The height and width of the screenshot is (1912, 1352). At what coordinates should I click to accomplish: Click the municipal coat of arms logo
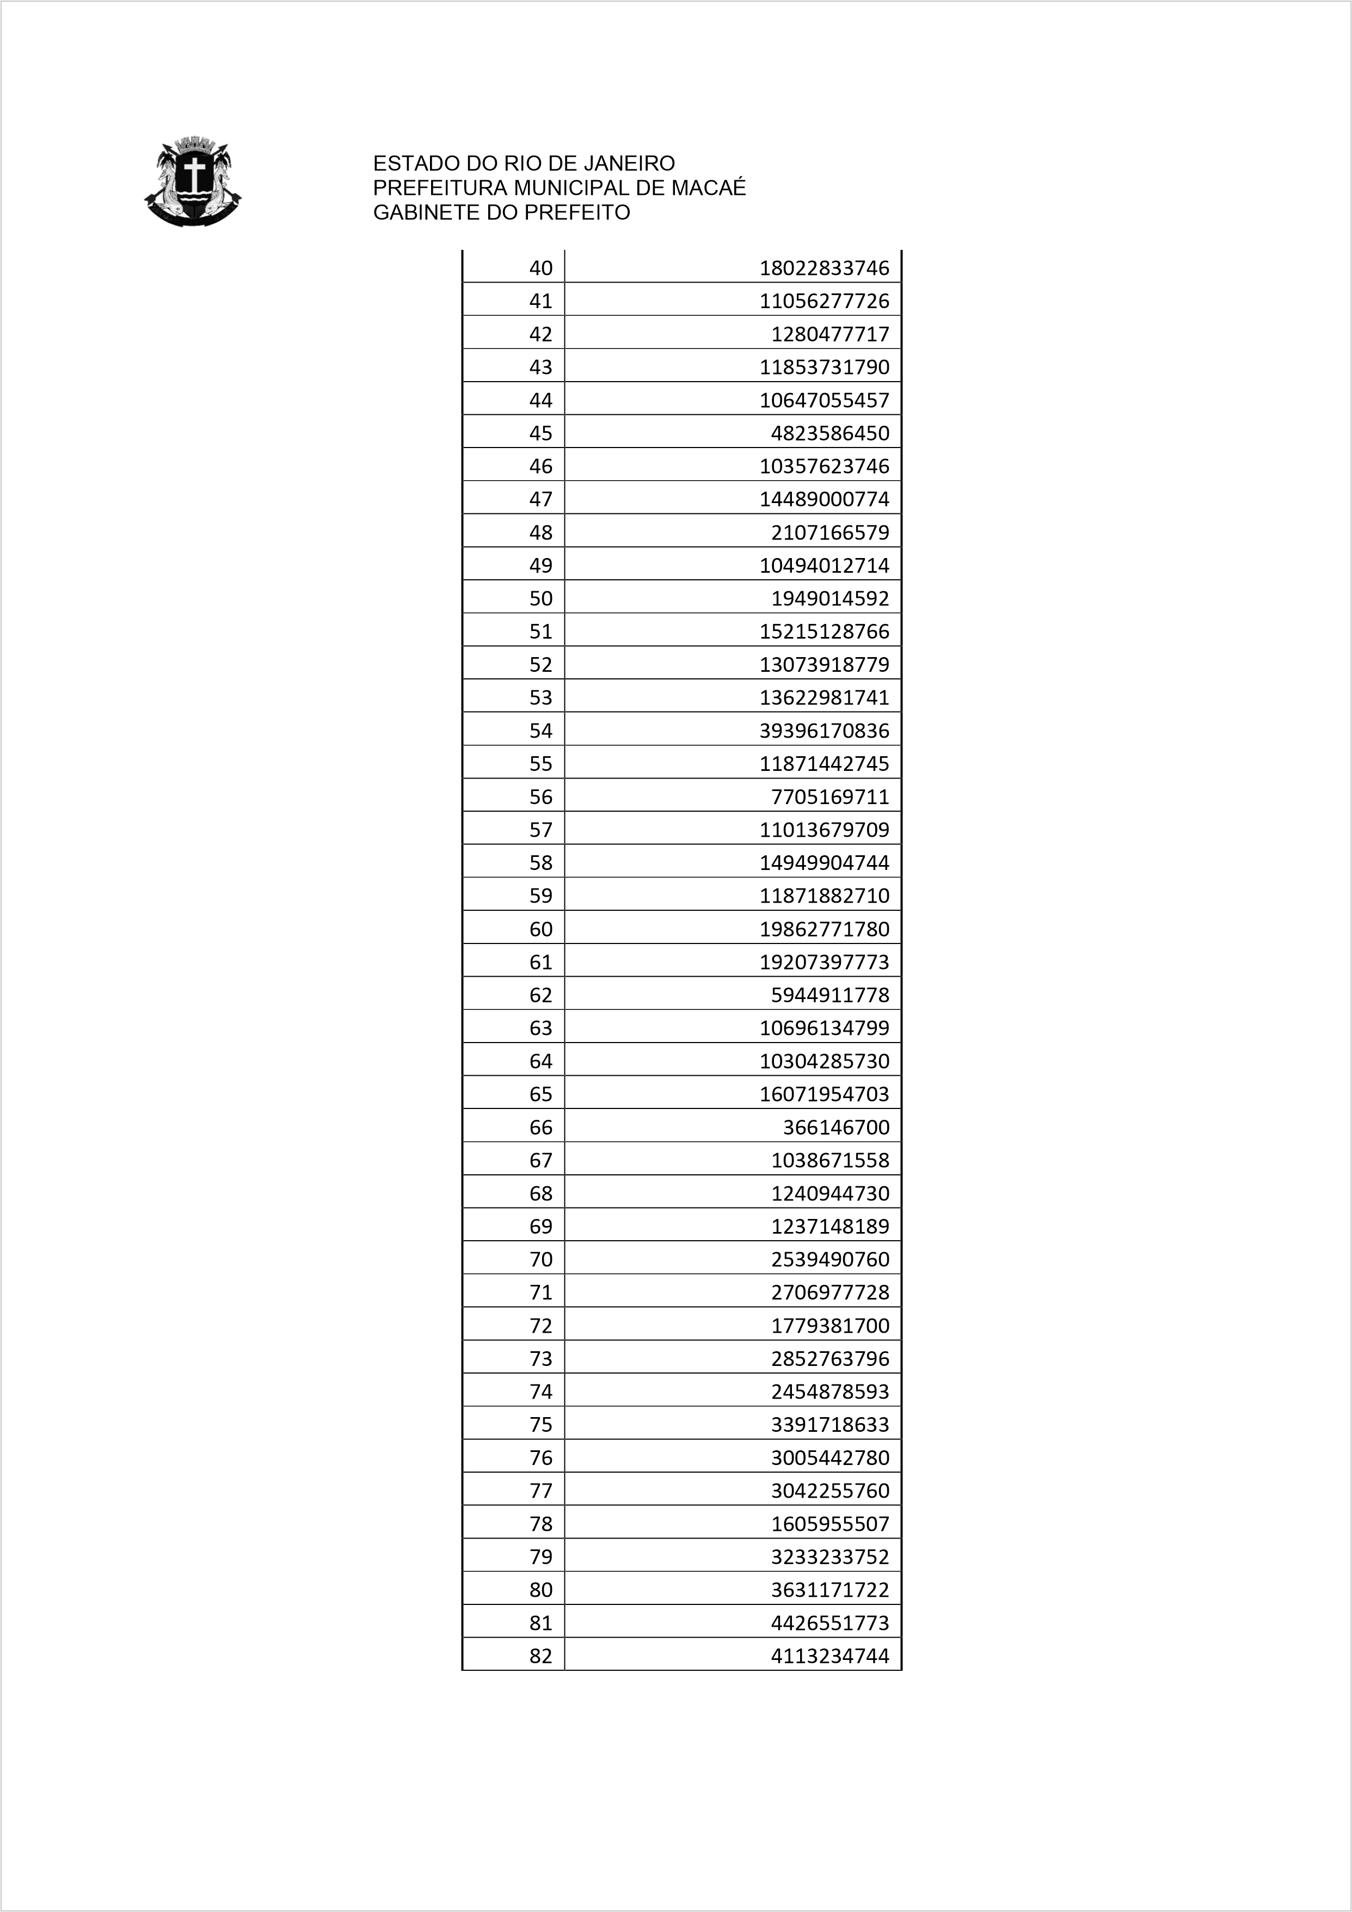(192, 181)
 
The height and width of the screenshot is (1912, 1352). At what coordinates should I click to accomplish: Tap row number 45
(540, 433)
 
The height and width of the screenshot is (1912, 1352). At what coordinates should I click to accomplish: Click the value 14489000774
(824, 499)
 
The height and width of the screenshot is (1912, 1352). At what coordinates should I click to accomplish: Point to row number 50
(540, 598)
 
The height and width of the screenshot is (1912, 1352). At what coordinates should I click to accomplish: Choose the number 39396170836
(824, 730)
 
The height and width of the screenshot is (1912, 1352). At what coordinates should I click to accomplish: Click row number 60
(540, 929)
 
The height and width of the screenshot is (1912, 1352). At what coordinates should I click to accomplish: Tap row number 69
(540, 1226)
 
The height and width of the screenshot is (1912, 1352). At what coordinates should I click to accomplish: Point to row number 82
(540, 1656)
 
